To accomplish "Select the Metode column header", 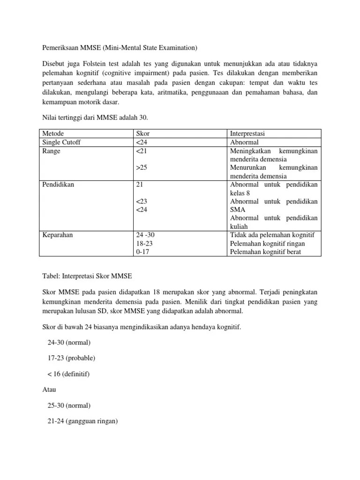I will click(x=53, y=134).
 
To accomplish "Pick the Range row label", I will click(x=52, y=151).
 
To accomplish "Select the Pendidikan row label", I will click(x=58, y=184).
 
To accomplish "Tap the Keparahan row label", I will click(x=58, y=235).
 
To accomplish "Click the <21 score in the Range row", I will click(x=141, y=151).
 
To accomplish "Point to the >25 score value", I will click(x=141, y=168).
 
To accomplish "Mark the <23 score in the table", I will click(x=141, y=201).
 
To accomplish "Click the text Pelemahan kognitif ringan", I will click(x=267, y=243).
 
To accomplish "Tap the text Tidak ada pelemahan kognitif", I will click(x=272, y=235).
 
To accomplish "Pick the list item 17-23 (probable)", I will click(x=71, y=358).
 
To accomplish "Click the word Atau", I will click(x=50, y=390).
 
